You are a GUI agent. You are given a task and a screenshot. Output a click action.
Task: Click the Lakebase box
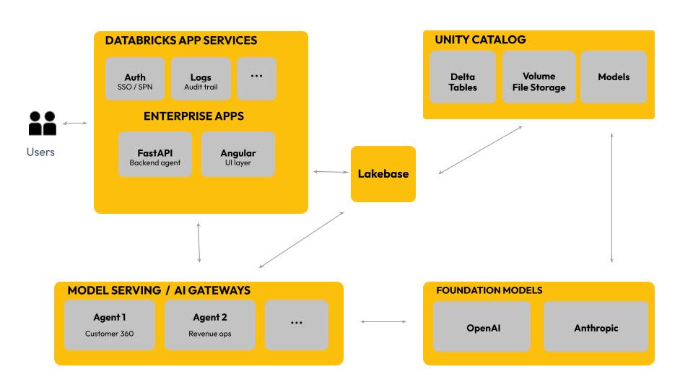tap(383, 174)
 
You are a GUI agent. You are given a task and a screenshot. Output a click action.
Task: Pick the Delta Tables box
tap(463, 82)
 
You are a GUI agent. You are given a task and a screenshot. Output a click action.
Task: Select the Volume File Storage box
tap(539, 82)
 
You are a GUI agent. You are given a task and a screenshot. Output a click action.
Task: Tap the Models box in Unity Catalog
tap(614, 77)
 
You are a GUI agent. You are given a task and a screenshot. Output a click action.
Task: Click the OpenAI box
tap(484, 327)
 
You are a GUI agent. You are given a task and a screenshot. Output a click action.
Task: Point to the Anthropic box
tap(596, 327)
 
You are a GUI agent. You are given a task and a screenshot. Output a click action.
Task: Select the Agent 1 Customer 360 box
tap(110, 325)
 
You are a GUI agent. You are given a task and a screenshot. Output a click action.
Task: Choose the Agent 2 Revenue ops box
tap(210, 325)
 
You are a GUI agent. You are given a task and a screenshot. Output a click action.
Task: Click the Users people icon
tap(43, 124)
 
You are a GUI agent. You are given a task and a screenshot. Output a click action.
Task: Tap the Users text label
tap(40, 152)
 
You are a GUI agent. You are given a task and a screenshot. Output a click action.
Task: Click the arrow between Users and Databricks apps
tap(74, 123)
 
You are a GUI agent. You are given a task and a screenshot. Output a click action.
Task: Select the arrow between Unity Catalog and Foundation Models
tap(612, 197)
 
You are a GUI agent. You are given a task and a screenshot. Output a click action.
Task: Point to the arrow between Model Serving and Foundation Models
tap(383, 321)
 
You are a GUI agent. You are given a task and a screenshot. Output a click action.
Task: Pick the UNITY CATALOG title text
tap(480, 40)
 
